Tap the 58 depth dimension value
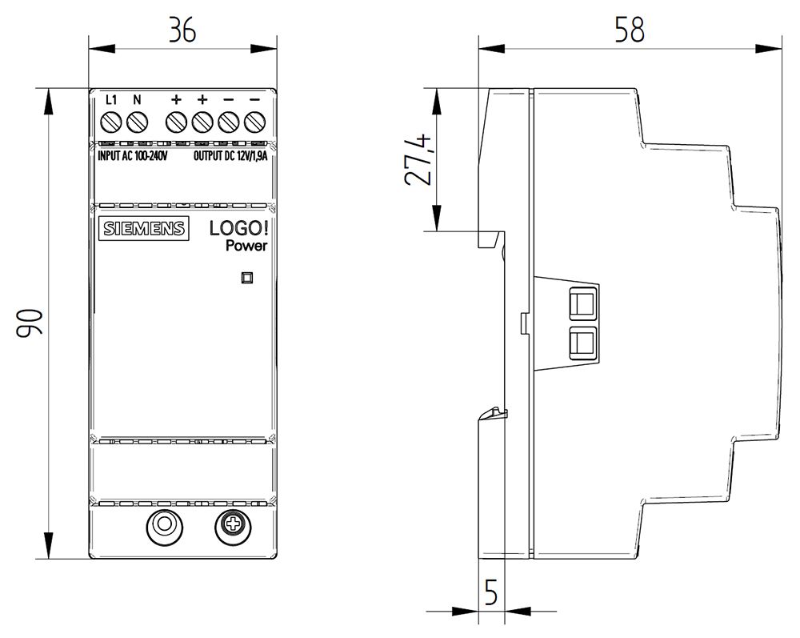630,29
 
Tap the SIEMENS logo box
143,228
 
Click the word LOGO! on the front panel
238,228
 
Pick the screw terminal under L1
112,122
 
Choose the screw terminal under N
138,122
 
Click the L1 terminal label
112,100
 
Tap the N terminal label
137,100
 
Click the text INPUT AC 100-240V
132,156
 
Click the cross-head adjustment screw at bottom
234,525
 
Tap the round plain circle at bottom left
163,525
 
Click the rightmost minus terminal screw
254,122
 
